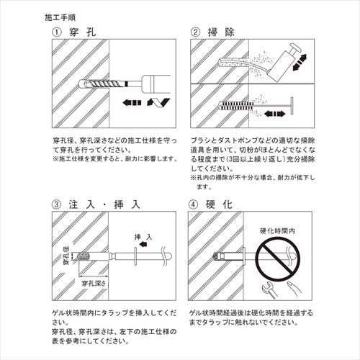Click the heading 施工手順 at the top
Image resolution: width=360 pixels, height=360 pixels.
point(60,17)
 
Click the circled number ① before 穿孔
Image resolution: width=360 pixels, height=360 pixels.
point(57,32)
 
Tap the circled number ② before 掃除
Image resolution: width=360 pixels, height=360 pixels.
point(195,32)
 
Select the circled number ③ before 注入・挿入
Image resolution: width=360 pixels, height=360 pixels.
point(56,204)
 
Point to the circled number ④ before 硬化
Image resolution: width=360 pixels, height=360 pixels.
point(193,204)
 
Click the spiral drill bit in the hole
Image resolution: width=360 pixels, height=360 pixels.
point(102,84)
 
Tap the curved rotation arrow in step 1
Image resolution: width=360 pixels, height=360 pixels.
point(158,102)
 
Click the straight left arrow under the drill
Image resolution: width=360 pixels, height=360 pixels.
point(132,103)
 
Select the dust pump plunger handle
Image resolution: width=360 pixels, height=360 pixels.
point(295,50)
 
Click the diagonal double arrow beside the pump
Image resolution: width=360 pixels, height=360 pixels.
point(300,63)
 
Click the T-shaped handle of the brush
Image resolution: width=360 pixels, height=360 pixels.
point(292,106)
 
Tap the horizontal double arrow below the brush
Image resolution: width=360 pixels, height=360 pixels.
point(274,114)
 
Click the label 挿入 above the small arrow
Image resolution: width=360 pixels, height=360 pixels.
point(143,237)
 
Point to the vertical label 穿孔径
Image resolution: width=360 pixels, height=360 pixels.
point(66,255)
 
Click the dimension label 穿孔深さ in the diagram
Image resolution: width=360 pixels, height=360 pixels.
point(94,284)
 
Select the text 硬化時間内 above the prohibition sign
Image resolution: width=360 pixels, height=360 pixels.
point(277,231)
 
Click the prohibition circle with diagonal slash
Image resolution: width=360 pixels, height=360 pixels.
point(278,258)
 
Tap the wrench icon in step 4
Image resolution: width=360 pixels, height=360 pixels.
point(269,289)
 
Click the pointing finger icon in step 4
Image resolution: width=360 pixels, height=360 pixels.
point(294,289)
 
